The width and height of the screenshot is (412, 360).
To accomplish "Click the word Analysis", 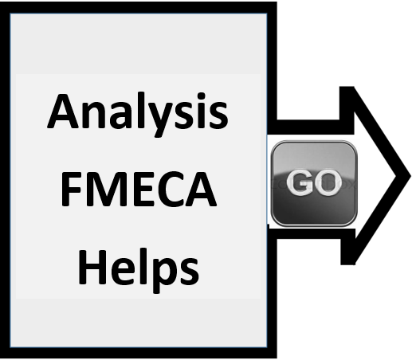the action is click(137, 115).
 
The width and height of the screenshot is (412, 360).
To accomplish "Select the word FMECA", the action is click(139, 189).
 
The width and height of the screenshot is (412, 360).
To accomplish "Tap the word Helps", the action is click(139, 270).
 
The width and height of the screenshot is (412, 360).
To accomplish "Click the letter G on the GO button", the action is click(300, 182).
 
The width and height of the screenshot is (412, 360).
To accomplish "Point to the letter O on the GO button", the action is click(328, 182).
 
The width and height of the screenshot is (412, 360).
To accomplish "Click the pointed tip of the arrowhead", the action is click(410, 176).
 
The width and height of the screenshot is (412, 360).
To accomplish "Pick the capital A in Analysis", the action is click(63, 111).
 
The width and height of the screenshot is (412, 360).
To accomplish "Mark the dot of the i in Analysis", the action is click(201, 96).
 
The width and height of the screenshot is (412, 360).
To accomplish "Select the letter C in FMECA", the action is click(170, 189).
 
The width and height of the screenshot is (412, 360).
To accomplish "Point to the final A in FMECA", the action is click(201, 189).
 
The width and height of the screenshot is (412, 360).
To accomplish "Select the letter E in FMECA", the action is click(143, 189).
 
